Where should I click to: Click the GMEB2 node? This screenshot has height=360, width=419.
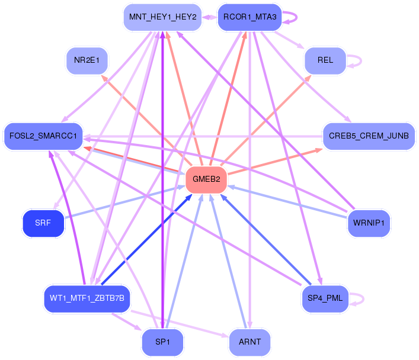coord(206,179)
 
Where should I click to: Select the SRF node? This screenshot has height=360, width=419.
coord(43,223)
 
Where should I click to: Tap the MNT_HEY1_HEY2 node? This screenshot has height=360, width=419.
coord(162,17)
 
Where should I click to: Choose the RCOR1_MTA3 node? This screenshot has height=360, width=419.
coord(250,17)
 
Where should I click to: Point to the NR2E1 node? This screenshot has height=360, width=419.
coord(87,60)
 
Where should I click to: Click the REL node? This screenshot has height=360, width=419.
coord(325,60)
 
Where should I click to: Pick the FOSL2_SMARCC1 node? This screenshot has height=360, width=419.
coord(43,136)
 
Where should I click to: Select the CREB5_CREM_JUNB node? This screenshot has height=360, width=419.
coord(369,136)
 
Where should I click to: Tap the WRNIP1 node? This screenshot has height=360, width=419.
coord(369,223)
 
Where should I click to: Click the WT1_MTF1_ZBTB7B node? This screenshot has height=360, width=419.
coord(87,298)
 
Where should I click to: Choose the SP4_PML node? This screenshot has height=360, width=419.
coord(325,298)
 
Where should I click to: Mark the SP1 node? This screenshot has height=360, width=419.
coord(162,342)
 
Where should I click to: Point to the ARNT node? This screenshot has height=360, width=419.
coord(250,342)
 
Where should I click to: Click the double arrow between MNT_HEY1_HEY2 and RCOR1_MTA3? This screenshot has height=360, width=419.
coord(210,17)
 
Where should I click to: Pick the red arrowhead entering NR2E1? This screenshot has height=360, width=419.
coord(104,78)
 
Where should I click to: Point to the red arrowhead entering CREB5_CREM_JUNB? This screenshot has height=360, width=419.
coord(318,150)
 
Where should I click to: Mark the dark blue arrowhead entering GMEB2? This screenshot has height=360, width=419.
coord(188,197)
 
